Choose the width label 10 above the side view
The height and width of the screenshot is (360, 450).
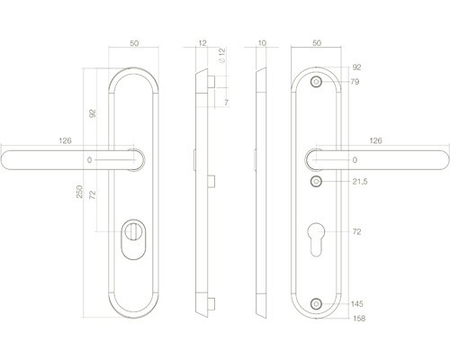tap(262, 43)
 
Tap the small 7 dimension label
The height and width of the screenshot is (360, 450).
tap(226, 103)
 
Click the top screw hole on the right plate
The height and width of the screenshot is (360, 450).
tap(315, 83)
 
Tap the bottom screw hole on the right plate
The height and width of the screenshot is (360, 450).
tap(315, 305)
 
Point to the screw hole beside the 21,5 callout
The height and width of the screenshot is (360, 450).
tap(315, 183)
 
